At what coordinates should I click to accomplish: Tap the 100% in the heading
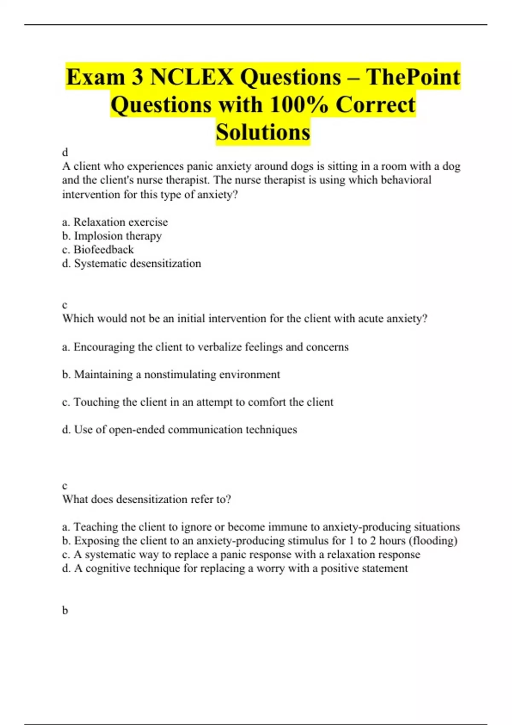tap(298, 104)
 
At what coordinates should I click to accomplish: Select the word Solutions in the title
tap(263, 132)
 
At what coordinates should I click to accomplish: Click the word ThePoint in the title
tap(413, 77)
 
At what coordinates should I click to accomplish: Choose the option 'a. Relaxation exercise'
tap(115, 222)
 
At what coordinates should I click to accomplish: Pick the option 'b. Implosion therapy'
tap(112, 236)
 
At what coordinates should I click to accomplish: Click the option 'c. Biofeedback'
tap(98, 249)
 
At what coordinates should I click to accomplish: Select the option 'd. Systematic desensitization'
tap(131, 264)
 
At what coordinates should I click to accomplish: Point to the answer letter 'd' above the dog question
tap(65, 152)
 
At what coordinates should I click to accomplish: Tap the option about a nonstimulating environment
tap(171, 374)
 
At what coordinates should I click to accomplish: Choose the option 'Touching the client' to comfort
tap(198, 402)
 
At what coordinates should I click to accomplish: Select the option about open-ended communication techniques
tap(179, 429)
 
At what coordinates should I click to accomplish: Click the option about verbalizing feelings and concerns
tap(205, 347)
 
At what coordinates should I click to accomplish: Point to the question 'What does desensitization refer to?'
tap(146, 499)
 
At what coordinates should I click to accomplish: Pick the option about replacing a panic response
tap(241, 554)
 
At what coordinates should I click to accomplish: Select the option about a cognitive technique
tap(235, 568)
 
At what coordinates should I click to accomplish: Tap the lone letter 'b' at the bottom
tap(65, 610)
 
